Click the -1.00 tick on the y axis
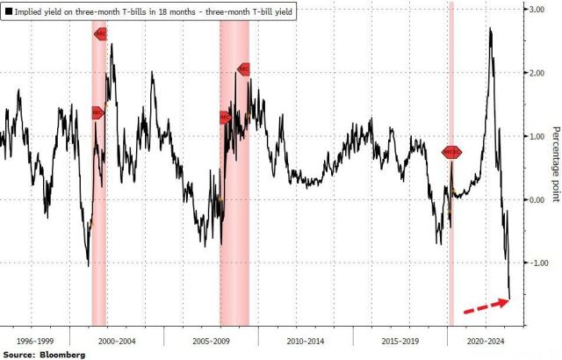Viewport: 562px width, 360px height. [533, 263]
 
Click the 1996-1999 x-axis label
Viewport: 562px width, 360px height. [34, 336]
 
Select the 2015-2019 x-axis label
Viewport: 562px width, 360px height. [400, 336]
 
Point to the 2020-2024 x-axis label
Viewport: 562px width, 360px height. [482, 336]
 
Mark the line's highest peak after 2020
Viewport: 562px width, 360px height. [489, 30]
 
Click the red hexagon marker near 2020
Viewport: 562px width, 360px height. [451, 152]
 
